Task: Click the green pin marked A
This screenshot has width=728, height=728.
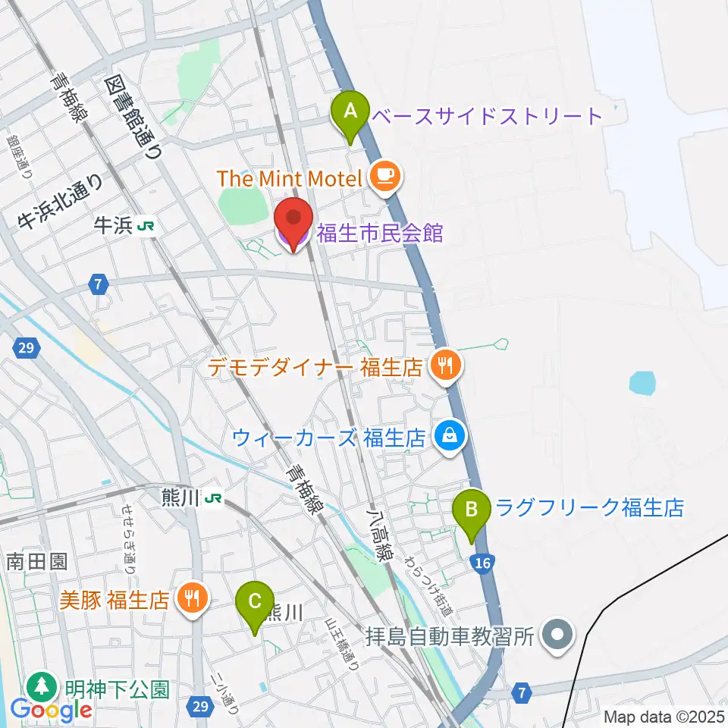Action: (x=350, y=112)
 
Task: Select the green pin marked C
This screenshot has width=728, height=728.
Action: (x=256, y=604)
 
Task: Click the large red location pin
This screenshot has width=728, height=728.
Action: (x=293, y=221)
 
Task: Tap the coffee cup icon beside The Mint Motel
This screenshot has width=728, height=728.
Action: (x=386, y=177)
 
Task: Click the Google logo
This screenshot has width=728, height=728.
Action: (x=52, y=710)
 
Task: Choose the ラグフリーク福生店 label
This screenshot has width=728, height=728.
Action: (x=590, y=507)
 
